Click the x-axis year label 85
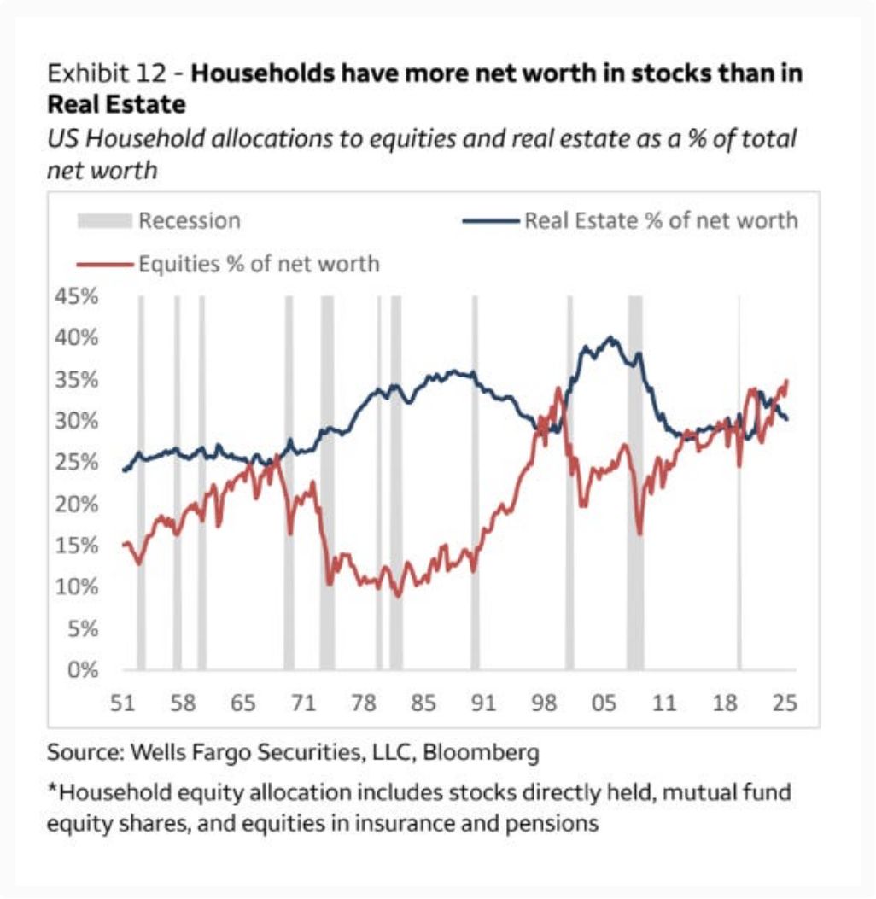[423, 704]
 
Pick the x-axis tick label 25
[785, 704]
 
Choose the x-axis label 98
[544, 704]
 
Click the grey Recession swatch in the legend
[104, 221]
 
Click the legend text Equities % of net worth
[259, 263]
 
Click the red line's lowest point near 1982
[397, 595]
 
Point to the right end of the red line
[785, 381]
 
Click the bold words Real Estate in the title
[116, 105]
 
